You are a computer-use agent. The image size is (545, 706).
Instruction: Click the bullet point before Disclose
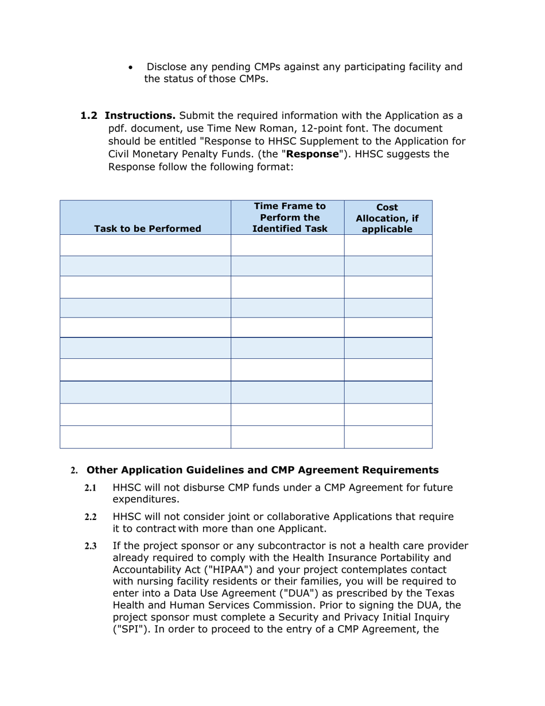tap(132, 68)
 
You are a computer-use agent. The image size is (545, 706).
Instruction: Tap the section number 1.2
tap(89, 115)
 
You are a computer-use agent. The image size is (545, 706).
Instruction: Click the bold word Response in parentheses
tap(313, 154)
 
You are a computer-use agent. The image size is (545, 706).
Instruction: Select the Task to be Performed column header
tap(147, 228)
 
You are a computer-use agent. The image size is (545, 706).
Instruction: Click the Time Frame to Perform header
tap(290, 218)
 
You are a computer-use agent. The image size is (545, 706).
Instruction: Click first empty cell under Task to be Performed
tap(145, 245)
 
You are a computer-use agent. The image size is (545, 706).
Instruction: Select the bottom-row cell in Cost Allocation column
tap(388, 437)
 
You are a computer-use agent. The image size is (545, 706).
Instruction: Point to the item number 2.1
tap(91, 488)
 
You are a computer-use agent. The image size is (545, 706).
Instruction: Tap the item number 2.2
tap(91, 517)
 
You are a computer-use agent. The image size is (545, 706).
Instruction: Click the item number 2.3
tap(91, 546)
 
